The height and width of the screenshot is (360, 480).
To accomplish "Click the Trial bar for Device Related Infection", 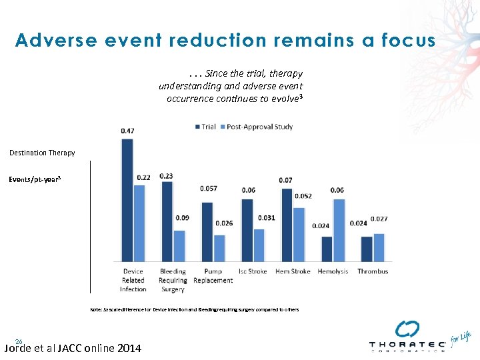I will tap(127, 200).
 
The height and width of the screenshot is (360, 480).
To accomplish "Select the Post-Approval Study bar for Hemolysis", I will tap(339, 230).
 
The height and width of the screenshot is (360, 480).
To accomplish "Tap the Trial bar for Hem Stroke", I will tap(287, 225).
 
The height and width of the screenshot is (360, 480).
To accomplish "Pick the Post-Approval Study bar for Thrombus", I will tap(379, 247).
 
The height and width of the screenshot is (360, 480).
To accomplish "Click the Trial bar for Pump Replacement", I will tap(207, 231).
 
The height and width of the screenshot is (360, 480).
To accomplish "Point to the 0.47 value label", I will tap(127, 131).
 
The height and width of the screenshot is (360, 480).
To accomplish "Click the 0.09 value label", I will tap(181, 217).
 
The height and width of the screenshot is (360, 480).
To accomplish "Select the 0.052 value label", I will tap(303, 196).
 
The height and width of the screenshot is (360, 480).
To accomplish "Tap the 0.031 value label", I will tap(266, 218).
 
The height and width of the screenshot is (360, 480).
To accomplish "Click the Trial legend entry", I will tap(205, 127).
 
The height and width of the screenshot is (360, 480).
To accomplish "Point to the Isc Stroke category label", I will tap(253, 271).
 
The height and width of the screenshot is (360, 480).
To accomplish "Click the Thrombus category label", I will tap(373, 271).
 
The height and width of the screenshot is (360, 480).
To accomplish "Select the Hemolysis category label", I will tap(333, 271).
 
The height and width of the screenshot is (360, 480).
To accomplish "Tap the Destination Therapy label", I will tap(42, 153).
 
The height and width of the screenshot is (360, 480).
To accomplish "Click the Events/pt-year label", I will tap(35, 179).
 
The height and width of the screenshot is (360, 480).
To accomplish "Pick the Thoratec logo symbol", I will tap(407, 329).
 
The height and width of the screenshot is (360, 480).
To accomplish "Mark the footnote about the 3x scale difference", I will tap(195, 309).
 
